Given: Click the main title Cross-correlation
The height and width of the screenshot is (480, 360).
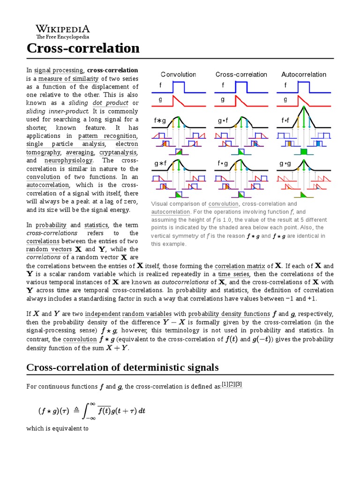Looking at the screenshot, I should [83, 48].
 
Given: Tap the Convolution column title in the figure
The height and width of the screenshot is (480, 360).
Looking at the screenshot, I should [178, 74].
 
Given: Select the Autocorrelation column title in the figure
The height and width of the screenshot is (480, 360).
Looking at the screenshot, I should [304, 74].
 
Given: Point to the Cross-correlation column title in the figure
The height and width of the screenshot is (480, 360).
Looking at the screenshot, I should [241, 74].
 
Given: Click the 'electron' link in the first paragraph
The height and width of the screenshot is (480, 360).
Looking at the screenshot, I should [127, 144].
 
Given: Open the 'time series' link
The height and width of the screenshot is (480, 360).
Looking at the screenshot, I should [231, 274].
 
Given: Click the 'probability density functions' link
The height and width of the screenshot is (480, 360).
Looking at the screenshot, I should [229, 314].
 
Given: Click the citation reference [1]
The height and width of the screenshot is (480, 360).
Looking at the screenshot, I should [225, 384].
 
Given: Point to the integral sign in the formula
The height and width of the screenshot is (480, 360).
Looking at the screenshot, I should [87, 411].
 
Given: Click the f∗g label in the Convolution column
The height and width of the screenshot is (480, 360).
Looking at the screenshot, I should [160, 120].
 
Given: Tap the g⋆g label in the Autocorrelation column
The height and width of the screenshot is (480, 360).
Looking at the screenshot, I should [285, 164].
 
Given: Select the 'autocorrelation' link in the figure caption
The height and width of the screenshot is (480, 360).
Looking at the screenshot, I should [170, 212].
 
